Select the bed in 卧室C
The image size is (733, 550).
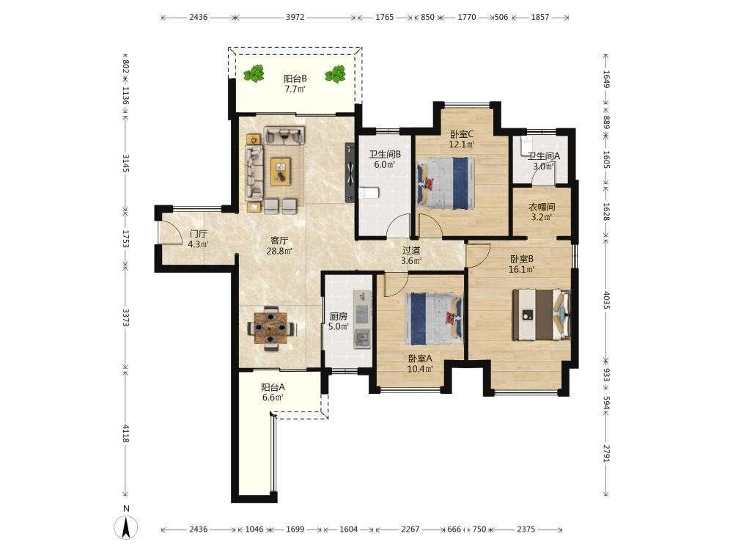pos(446,183)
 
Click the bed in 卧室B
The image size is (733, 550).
pos(542,315)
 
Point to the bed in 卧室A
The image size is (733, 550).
pos(434,319)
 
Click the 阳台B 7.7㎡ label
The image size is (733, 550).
pos(295,84)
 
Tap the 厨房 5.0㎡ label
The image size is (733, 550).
pos(339,321)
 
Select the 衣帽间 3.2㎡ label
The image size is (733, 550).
pos(542,211)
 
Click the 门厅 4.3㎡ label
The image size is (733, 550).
pos(198,238)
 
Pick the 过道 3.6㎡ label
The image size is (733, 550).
pos(411,256)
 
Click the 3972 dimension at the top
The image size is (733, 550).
pos(295,18)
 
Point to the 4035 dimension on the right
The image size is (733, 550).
pos(606,300)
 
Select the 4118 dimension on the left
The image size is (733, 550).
pos(125,433)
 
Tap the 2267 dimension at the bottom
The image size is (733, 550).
pos(410,529)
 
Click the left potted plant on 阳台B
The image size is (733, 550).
pos(254,74)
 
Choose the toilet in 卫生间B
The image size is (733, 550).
pos(369,193)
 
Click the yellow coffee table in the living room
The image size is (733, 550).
pos(280,171)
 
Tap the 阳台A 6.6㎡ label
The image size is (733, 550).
pos(273,392)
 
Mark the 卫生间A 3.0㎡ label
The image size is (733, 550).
pos(543,161)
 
